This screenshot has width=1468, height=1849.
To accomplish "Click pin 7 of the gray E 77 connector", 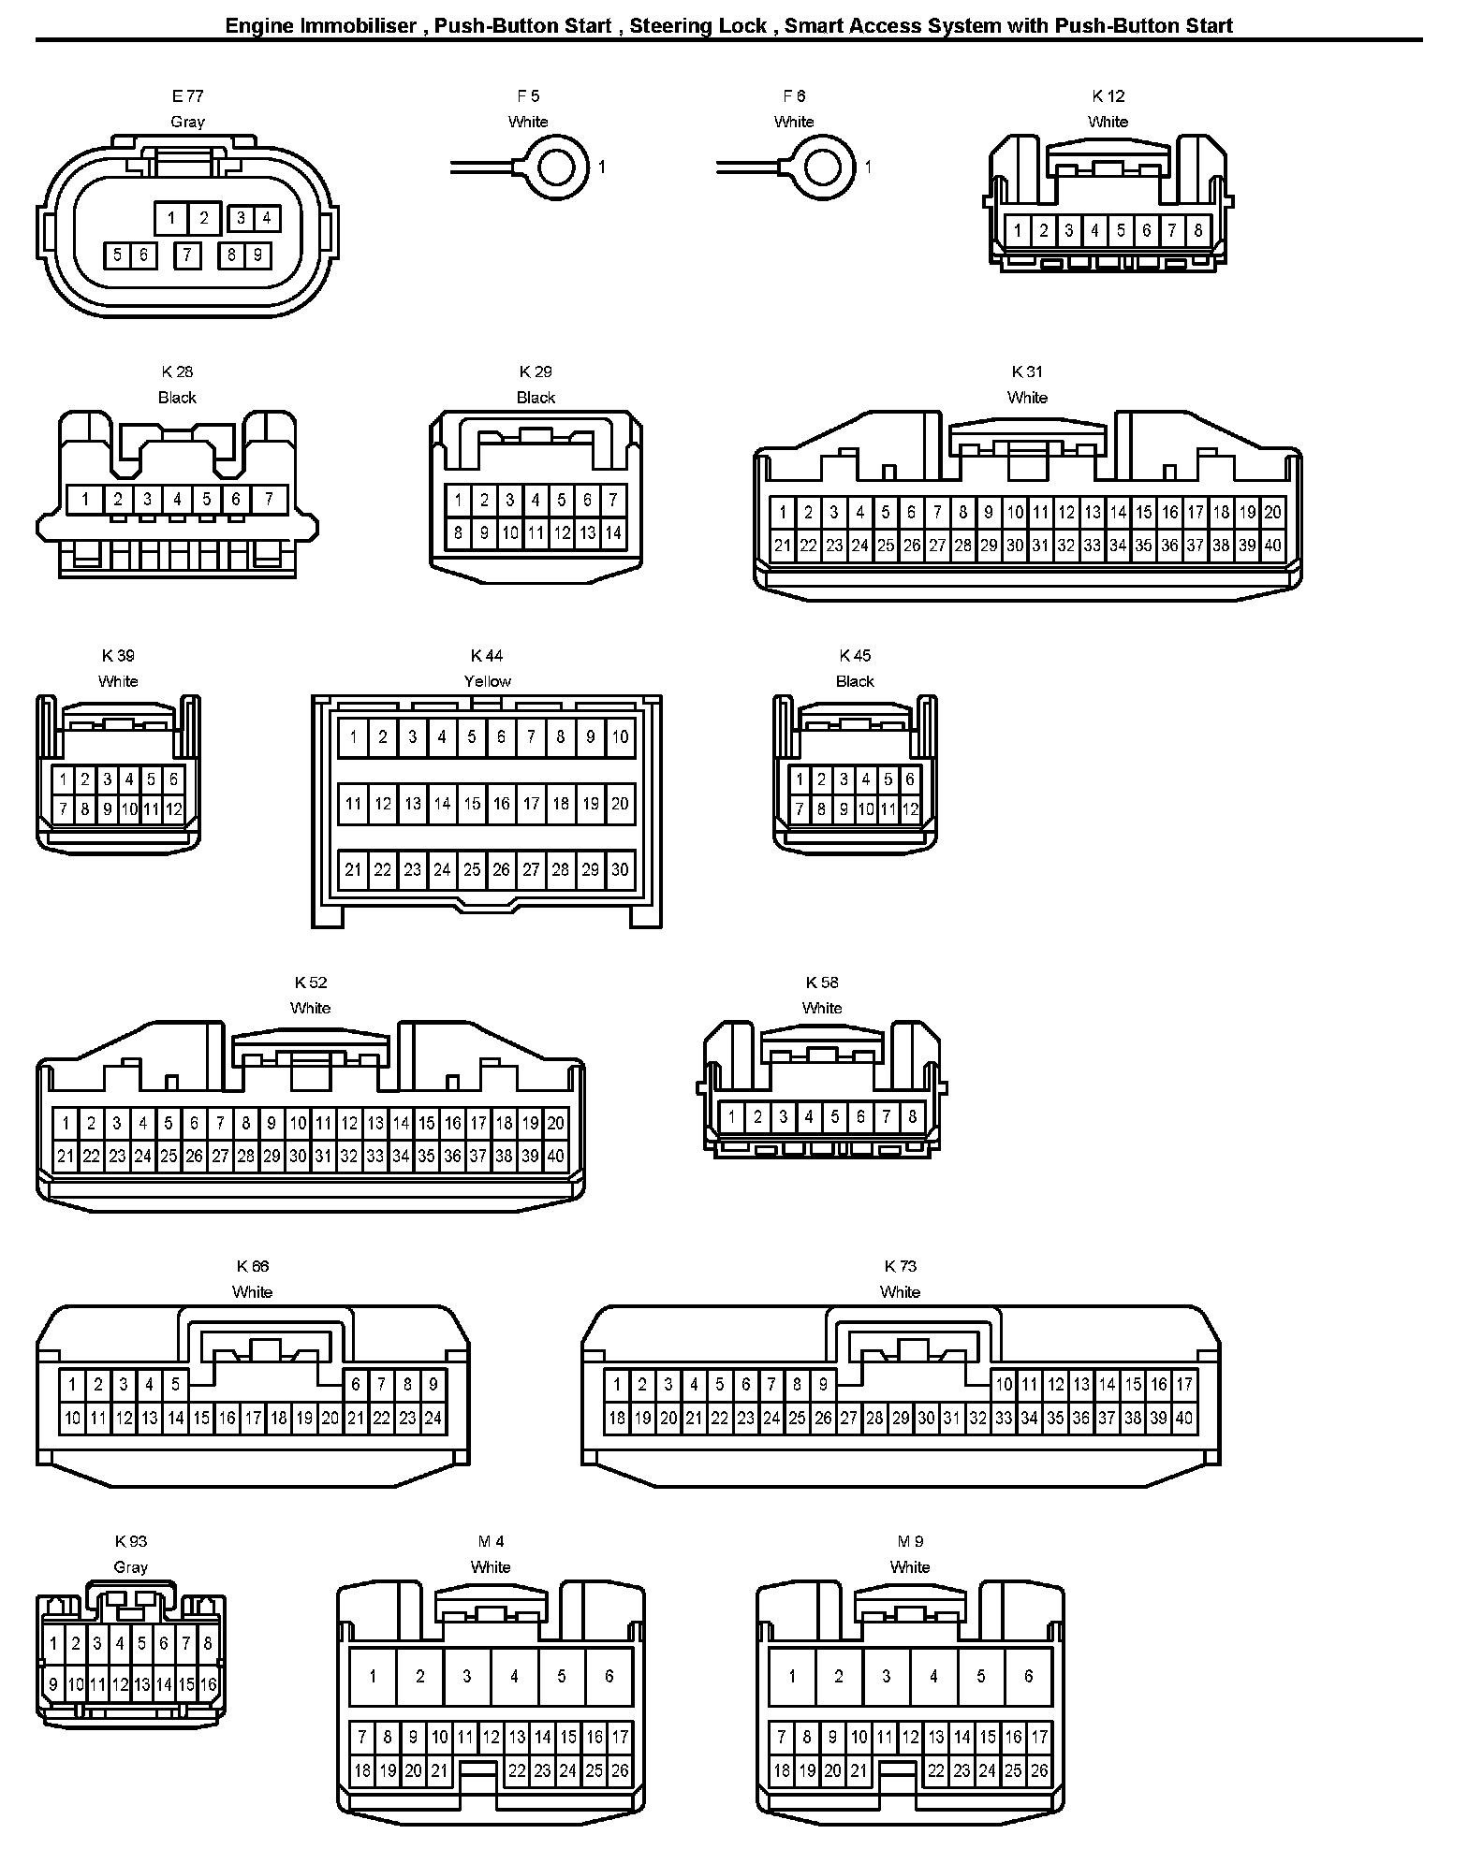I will (x=187, y=255).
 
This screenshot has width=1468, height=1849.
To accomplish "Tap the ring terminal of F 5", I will (x=557, y=167).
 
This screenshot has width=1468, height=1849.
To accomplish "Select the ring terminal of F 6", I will (x=823, y=167).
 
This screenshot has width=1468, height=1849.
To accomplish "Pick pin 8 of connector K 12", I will (x=1197, y=230).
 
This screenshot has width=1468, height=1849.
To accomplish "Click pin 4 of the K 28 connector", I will (x=177, y=499).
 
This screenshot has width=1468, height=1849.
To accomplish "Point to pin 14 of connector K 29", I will (x=613, y=533).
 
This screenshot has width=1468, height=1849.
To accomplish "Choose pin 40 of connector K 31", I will (x=1272, y=546).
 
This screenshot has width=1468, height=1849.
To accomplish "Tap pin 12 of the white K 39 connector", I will (x=174, y=809).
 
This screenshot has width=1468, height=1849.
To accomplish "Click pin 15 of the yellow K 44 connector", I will (x=472, y=803).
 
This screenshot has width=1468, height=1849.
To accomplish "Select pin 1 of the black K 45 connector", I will (x=800, y=779).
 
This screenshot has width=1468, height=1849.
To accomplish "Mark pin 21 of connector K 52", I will (x=65, y=1156).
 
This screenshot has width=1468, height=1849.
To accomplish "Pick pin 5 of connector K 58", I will (x=834, y=1116).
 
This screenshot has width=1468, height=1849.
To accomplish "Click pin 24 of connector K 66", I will (x=433, y=1419).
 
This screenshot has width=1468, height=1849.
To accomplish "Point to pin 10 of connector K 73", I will (x=1004, y=1384).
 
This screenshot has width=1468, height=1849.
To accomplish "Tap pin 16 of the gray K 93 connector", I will (x=208, y=1685).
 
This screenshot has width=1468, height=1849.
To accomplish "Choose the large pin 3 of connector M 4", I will (x=467, y=1676).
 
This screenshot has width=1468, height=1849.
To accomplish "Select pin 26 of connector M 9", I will (x=1039, y=1770).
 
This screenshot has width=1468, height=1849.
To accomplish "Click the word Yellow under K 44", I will (x=488, y=681).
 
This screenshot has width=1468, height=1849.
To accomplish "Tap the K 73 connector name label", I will (x=901, y=1266).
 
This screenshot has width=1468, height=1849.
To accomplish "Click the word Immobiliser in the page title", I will (x=358, y=25).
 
